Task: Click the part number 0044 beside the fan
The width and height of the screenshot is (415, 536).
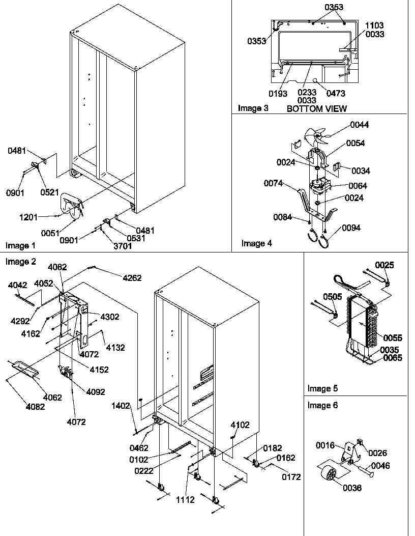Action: (359, 125)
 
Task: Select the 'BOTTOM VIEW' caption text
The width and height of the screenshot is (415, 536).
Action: (316, 108)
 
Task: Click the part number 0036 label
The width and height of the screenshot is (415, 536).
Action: (352, 488)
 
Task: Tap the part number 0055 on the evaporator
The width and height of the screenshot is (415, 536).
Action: (392, 337)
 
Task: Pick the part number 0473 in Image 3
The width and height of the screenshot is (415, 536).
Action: (335, 93)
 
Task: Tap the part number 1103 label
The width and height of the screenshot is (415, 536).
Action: (374, 25)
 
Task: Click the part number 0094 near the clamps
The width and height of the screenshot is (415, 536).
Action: (351, 228)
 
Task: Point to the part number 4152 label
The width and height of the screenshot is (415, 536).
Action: (99, 370)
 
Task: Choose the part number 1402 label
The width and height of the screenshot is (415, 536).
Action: (122, 406)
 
